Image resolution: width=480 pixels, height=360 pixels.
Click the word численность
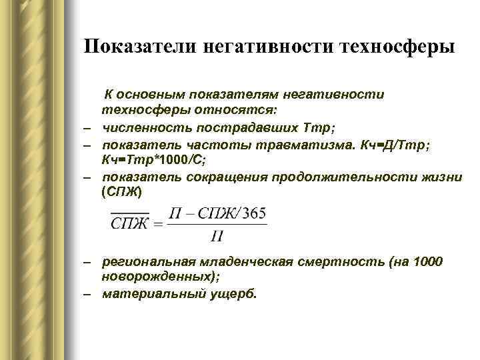[x=139, y=125]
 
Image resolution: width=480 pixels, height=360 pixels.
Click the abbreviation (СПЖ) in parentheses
[x=122, y=192]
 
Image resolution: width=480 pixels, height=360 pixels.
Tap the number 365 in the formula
[x=255, y=213]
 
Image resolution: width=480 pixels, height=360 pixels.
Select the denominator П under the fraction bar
[x=216, y=235]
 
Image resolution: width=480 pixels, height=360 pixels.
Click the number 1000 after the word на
[x=425, y=262]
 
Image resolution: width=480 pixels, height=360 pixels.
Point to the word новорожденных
[x=154, y=277]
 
